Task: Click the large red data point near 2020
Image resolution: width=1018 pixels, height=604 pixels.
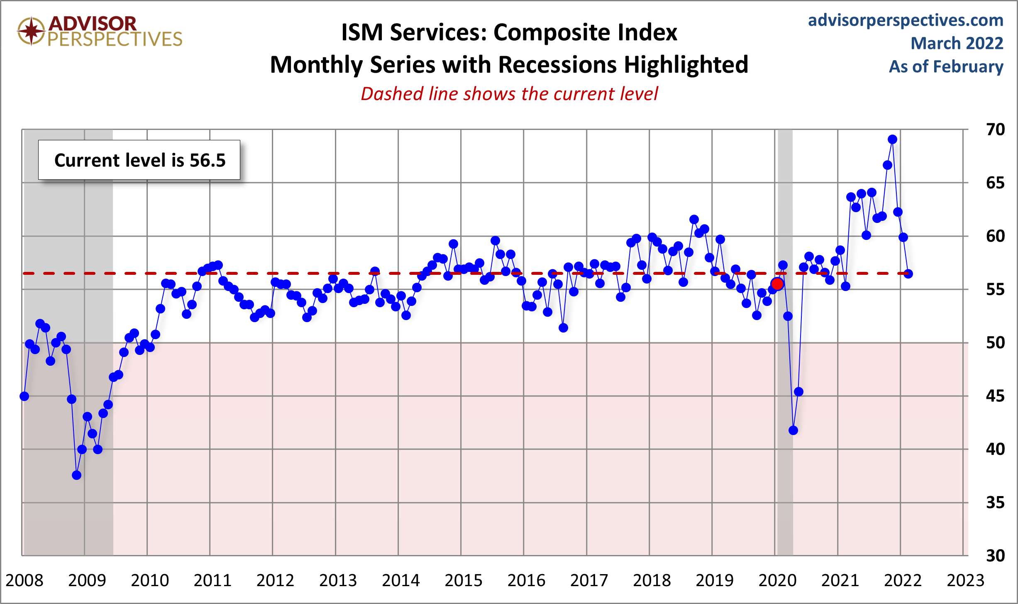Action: (777, 284)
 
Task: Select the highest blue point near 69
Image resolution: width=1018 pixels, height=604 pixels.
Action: (892, 139)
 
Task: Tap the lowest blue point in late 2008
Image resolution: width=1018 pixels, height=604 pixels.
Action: (76, 475)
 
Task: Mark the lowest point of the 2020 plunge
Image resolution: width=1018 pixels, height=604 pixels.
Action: (793, 430)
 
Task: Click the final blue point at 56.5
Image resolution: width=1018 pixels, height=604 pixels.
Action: (908, 274)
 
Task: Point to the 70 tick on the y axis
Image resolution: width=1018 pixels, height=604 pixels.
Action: (995, 130)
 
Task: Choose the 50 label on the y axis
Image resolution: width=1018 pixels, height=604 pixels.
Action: (995, 343)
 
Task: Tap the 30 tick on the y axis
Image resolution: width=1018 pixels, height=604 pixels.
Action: (995, 555)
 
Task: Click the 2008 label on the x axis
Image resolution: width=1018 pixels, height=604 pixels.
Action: (24, 580)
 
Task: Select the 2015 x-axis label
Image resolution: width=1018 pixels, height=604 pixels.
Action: (464, 580)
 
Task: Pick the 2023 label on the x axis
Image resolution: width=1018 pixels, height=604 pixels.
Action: (965, 580)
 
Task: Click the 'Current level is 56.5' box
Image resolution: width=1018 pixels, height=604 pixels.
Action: (139, 160)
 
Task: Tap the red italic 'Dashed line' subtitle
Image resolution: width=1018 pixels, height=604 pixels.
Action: (509, 94)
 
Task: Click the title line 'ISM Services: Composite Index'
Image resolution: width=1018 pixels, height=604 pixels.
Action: (509, 32)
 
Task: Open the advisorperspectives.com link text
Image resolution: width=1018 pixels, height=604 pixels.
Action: (906, 20)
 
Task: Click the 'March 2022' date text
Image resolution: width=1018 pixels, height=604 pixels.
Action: (957, 43)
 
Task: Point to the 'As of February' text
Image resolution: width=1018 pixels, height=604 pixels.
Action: (946, 66)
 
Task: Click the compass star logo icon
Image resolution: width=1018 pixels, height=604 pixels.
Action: (31, 31)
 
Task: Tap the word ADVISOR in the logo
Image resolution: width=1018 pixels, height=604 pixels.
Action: (92, 23)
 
